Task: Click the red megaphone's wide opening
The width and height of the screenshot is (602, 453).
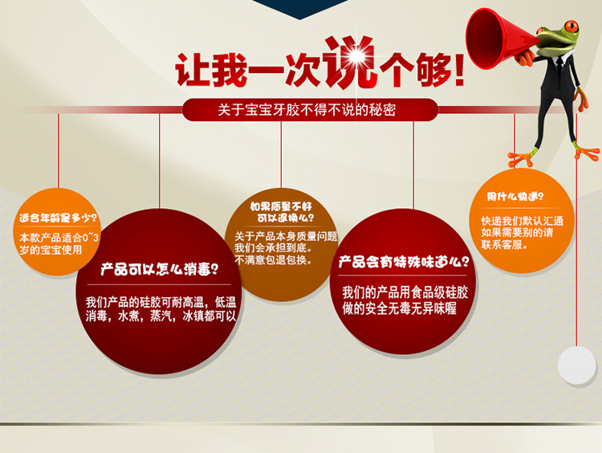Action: [x=485, y=39]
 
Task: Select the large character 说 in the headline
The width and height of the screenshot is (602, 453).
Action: [x=350, y=63]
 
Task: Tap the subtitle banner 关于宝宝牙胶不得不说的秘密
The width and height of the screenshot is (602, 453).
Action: [x=307, y=110]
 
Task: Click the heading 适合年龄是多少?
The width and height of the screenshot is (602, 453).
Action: [x=59, y=218]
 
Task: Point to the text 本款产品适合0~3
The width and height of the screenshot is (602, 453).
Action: [x=59, y=238]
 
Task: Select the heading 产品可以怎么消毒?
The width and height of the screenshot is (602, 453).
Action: [x=160, y=269]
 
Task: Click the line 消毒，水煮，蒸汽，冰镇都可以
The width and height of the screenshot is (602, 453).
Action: [x=161, y=316]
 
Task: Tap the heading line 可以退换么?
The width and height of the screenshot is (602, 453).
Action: [x=285, y=218]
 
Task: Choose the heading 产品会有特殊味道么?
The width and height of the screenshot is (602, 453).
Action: [x=404, y=262]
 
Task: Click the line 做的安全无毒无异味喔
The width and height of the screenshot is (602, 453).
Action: [x=399, y=308]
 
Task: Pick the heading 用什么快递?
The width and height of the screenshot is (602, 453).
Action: [x=515, y=197]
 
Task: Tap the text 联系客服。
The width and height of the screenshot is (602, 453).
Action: [x=505, y=244]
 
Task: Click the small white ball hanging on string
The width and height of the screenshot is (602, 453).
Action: [x=576, y=365]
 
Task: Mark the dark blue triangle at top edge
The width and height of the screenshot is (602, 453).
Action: [x=300, y=8]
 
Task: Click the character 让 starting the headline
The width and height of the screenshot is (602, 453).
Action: [x=192, y=70]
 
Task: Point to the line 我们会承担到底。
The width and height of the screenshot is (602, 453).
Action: [x=274, y=248]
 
